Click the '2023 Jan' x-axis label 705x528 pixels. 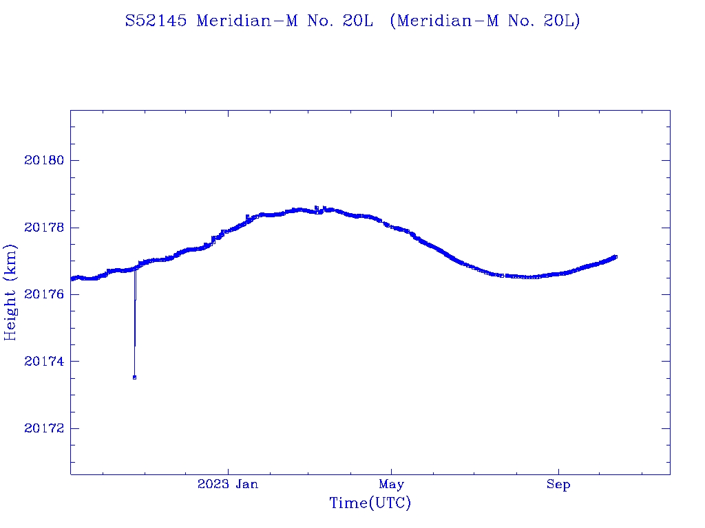click(x=228, y=484)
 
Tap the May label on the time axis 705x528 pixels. click(x=391, y=484)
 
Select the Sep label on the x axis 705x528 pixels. click(x=558, y=484)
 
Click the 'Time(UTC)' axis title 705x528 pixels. click(x=370, y=503)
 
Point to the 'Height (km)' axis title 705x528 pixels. click(x=10, y=292)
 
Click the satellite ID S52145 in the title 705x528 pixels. click(x=156, y=21)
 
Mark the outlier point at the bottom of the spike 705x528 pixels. click(x=134, y=377)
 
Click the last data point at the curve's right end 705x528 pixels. click(x=615, y=256)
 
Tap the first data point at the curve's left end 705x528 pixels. click(x=72, y=278)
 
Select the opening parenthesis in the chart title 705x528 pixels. click(x=392, y=21)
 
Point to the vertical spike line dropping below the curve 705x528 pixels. click(x=135, y=323)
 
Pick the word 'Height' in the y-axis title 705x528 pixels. click(x=10, y=313)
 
